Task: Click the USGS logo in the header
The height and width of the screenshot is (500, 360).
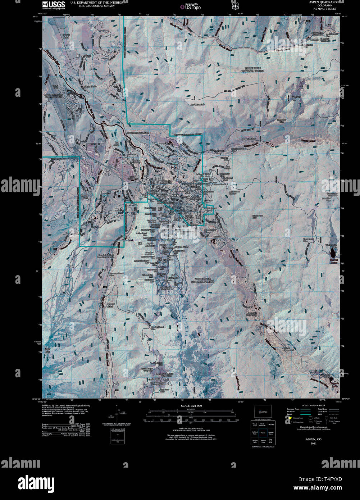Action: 54,5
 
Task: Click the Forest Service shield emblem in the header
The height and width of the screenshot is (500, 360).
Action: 235,6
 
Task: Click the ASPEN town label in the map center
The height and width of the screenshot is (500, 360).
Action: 174,195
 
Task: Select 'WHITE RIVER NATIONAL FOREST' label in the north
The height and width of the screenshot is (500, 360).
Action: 254,69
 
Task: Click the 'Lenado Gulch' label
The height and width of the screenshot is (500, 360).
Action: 248,138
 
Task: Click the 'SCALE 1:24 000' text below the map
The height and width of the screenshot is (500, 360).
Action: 192,405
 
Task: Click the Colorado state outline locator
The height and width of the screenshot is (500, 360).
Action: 263,411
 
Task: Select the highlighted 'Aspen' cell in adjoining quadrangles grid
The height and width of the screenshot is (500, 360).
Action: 263,433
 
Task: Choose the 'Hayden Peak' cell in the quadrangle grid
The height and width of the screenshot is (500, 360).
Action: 263,441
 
